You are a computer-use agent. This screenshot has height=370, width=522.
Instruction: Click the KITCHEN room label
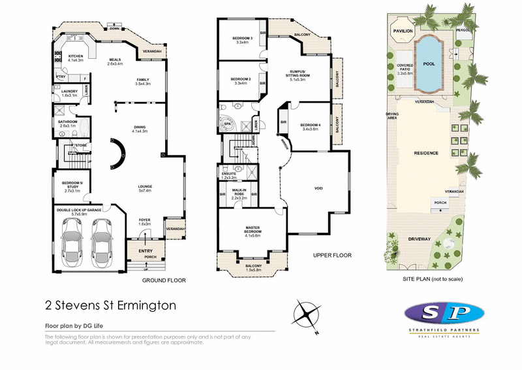tap(76, 57)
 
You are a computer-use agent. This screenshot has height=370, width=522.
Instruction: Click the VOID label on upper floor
tap(319, 188)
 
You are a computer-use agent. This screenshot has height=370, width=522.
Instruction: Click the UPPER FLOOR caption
tap(333, 254)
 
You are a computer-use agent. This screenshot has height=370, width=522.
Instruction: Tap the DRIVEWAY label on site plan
tap(420, 239)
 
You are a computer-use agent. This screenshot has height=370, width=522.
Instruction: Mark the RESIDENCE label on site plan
tap(426, 153)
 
